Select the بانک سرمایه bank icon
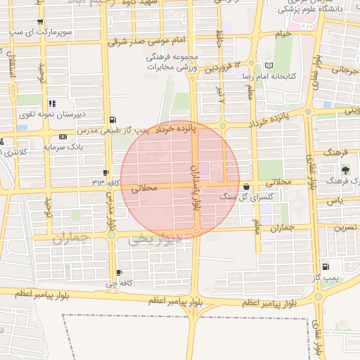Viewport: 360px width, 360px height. coord(64,136)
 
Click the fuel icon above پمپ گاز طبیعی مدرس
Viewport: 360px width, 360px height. coord(114,120)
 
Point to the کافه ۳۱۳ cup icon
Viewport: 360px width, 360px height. coord(105,172)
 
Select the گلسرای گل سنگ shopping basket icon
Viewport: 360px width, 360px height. coord(246,187)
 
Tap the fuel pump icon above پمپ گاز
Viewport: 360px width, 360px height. coord(325,266)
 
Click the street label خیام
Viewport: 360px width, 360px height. coord(283,33)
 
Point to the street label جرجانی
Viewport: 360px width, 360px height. coord(345,70)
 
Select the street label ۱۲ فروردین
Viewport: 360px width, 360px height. coord(217,68)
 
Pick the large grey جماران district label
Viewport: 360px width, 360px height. coord(71,238)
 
